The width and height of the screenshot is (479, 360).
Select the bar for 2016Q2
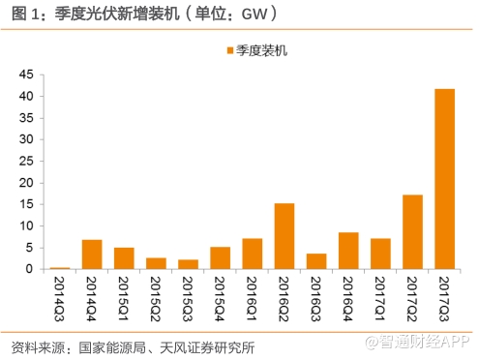tap(284, 236)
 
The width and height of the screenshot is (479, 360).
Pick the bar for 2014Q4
tap(92, 255)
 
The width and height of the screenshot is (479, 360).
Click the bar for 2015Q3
tap(188, 264)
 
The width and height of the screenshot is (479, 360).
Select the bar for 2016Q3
tap(316, 261)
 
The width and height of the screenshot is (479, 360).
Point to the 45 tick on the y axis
tap(25, 75)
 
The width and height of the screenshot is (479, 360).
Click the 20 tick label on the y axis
tap(25, 183)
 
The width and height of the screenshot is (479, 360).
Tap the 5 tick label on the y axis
tap(29, 248)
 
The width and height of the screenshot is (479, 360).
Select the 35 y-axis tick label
tap(25, 118)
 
